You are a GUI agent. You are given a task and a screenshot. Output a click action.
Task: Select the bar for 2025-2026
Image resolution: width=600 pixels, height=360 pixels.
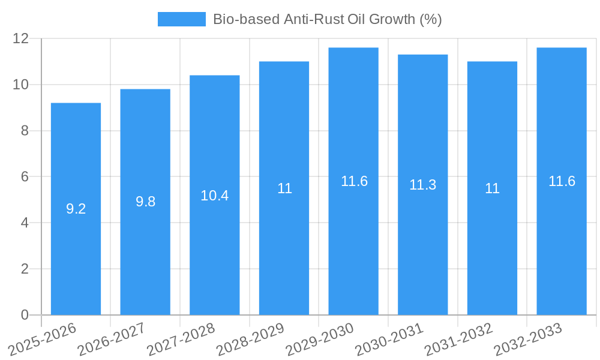(76, 240)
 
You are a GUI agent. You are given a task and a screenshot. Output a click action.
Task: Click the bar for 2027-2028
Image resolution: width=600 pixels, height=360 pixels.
(215, 240)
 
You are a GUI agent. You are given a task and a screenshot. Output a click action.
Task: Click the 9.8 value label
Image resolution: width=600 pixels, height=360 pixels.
(145, 202)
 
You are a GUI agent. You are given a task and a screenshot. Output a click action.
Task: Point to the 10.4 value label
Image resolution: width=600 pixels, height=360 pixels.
(215, 195)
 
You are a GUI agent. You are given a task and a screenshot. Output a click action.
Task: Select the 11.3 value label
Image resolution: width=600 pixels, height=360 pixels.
(423, 185)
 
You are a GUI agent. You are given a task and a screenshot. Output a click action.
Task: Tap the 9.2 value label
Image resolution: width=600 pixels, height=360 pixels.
(76, 209)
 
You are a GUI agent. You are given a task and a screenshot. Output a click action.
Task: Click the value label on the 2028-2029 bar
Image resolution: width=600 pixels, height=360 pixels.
(284, 188)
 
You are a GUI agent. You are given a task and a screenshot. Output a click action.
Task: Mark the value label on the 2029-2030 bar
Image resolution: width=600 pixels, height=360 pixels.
(354, 181)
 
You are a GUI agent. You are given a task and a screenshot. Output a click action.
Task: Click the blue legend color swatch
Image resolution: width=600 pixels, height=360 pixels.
(181, 19)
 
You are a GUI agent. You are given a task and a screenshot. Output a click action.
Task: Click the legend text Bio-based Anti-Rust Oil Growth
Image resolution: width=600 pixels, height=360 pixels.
(327, 19)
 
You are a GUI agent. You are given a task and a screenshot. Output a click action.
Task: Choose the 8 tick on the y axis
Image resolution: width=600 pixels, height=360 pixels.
(25, 131)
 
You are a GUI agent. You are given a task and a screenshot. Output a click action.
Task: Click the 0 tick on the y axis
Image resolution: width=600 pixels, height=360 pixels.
(25, 315)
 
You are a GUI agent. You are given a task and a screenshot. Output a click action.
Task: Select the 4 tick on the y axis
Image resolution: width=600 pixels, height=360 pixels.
(25, 223)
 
